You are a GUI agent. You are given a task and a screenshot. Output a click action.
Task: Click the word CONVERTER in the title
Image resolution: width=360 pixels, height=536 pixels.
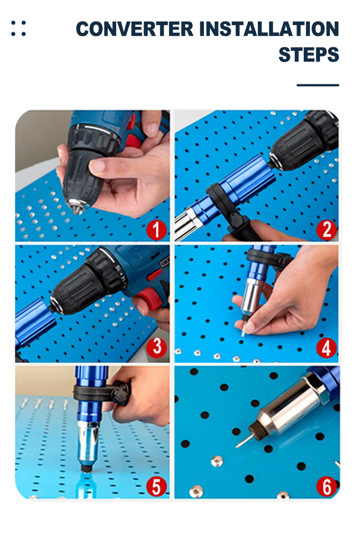[x=134, y=29]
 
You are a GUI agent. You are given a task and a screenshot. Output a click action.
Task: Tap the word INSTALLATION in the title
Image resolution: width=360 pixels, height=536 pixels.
[x=269, y=29]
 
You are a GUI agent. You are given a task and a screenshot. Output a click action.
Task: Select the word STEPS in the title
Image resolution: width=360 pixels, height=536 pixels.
[x=309, y=55]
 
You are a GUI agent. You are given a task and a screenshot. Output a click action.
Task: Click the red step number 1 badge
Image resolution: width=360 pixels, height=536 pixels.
[x=156, y=230]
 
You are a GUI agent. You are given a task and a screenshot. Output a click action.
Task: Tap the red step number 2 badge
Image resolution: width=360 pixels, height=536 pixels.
[x=327, y=230]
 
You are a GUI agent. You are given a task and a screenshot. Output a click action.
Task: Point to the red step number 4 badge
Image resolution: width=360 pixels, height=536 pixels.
[x=327, y=348]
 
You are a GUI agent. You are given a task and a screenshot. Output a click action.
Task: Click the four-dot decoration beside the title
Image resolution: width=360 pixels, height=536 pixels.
[x=18, y=28]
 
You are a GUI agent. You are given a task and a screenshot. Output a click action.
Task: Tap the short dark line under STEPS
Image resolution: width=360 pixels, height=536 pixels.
[x=318, y=85]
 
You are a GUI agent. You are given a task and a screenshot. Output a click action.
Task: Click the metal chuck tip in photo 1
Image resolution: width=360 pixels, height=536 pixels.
[x=77, y=206]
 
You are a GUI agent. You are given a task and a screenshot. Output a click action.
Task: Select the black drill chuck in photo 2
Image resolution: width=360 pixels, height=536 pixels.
[x=304, y=141]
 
